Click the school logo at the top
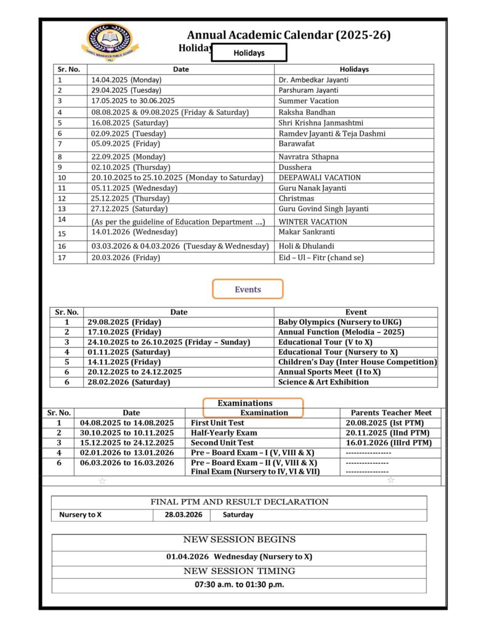point(110,41)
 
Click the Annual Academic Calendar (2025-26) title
point(289,36)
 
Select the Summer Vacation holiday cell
point(308,101)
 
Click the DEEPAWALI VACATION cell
point(320,178)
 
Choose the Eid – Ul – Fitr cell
point(321,258)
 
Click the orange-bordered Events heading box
point(248,289)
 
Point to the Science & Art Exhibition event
point(323,382)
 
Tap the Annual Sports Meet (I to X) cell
point(329,372)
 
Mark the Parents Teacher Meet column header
point(391,413)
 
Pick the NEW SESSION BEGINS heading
point(239,540)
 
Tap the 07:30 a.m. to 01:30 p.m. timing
point(239,584)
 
